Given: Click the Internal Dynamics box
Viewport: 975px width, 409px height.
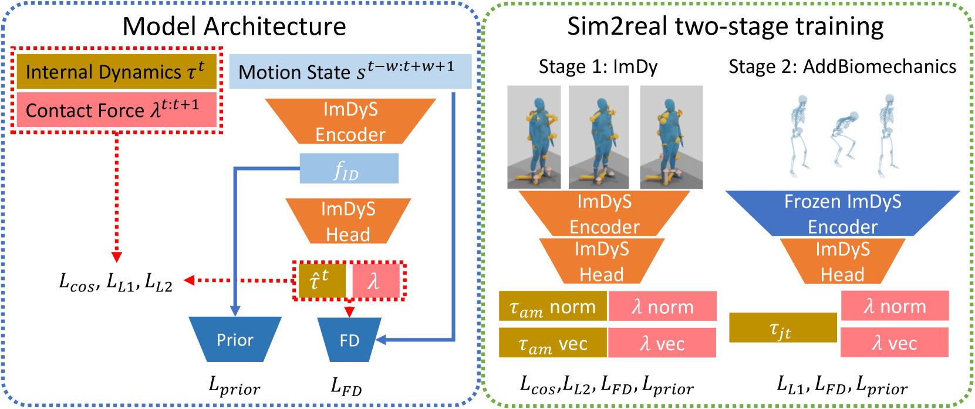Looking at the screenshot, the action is (117, 72).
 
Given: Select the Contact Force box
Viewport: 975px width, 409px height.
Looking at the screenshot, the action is (117, 110).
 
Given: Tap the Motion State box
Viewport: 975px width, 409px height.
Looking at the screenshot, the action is (350, 72).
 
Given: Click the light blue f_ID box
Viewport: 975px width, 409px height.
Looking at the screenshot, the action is (349, 169).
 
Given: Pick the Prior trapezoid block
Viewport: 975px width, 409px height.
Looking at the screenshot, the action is (235, 339).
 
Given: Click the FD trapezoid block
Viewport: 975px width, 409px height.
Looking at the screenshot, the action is (349, 340).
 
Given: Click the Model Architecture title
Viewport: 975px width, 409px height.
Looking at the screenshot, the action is (234, 26).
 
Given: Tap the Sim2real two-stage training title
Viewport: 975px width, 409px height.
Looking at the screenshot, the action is (725, 26).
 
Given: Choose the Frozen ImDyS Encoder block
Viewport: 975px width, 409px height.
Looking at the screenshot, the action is (843, 213).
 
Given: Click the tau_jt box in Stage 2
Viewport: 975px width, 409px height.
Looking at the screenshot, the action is (783, 327).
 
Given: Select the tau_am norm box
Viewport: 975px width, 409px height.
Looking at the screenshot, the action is (553, 306).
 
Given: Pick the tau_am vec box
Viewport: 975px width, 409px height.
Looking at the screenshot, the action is (553, 343).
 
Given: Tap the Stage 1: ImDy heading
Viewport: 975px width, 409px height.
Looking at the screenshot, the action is (598, 66).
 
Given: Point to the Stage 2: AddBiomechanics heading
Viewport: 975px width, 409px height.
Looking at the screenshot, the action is (843, 66).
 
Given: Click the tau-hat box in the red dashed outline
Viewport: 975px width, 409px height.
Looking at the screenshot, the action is (322, 281).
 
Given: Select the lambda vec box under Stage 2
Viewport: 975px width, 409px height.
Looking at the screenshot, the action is (895, 343).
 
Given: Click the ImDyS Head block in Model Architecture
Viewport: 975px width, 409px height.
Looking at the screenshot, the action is (348, 222).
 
